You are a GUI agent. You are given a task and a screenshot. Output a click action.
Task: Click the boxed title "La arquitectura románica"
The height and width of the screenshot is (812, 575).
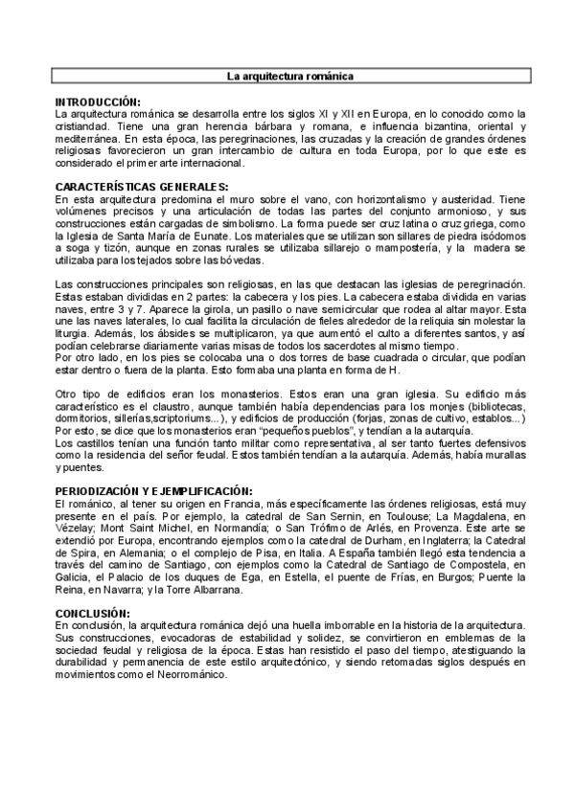pyautogui.click(x=287, y=75)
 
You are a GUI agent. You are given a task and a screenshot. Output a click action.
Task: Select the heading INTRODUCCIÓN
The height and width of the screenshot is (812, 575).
pyautogui.click(x=98, y=101)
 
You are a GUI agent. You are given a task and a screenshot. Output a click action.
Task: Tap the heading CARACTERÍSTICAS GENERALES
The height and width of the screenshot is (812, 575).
pyautogui.click(x=141, y=185)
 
